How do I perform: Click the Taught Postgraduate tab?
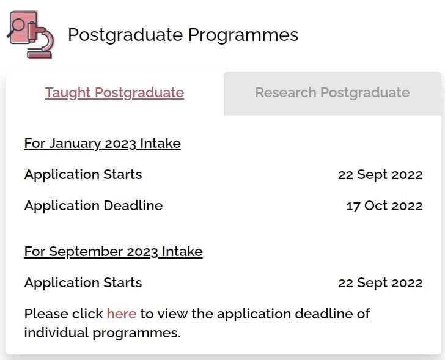coord(114,92)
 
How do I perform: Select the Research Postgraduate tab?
coord(333,94)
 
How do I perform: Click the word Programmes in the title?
coord(243,35)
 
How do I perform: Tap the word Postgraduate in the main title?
coord(125,35)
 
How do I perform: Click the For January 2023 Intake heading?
coord(103,143)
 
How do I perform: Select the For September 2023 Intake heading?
coord(113,252)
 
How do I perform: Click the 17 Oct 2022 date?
coord(384,206)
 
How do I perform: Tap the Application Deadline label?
coord(94,205)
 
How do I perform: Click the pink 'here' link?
coord(122,314)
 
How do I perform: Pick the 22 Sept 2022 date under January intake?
coord(380,174)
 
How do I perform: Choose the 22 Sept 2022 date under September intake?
coord(380,283)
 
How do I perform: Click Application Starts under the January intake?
coord(83,174)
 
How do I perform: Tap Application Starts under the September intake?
coord(83,282)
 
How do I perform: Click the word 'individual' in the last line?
coord(56,332)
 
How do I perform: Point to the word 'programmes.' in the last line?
coord(136,333)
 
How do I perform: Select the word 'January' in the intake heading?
coord(75,144)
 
